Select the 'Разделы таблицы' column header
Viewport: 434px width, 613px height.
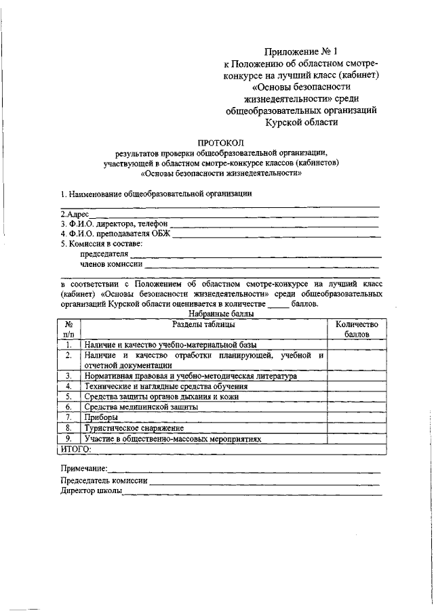(203, 324)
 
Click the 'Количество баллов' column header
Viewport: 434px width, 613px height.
(356, 329)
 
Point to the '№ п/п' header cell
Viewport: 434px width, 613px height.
(68, 329)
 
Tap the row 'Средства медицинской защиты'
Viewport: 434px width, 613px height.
(140, 407)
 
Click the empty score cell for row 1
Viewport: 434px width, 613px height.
(356, 345)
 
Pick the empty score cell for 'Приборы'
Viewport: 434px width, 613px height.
(356, 417)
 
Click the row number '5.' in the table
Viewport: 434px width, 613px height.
(68, 396)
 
